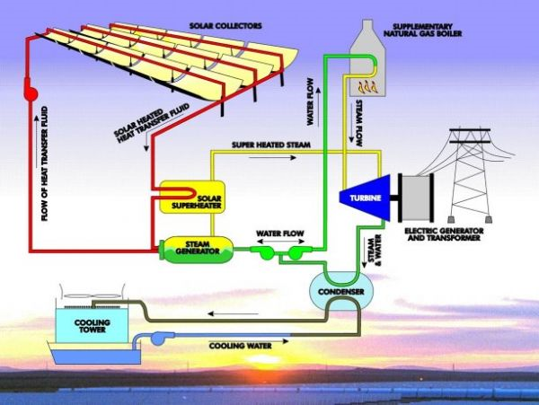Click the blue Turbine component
click(x=365, y=198)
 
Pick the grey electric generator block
click(x=414, y=198)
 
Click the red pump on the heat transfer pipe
click(x=29, y=92)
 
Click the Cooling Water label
click(x=238, y=344)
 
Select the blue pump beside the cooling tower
click(x=165, y=338)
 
